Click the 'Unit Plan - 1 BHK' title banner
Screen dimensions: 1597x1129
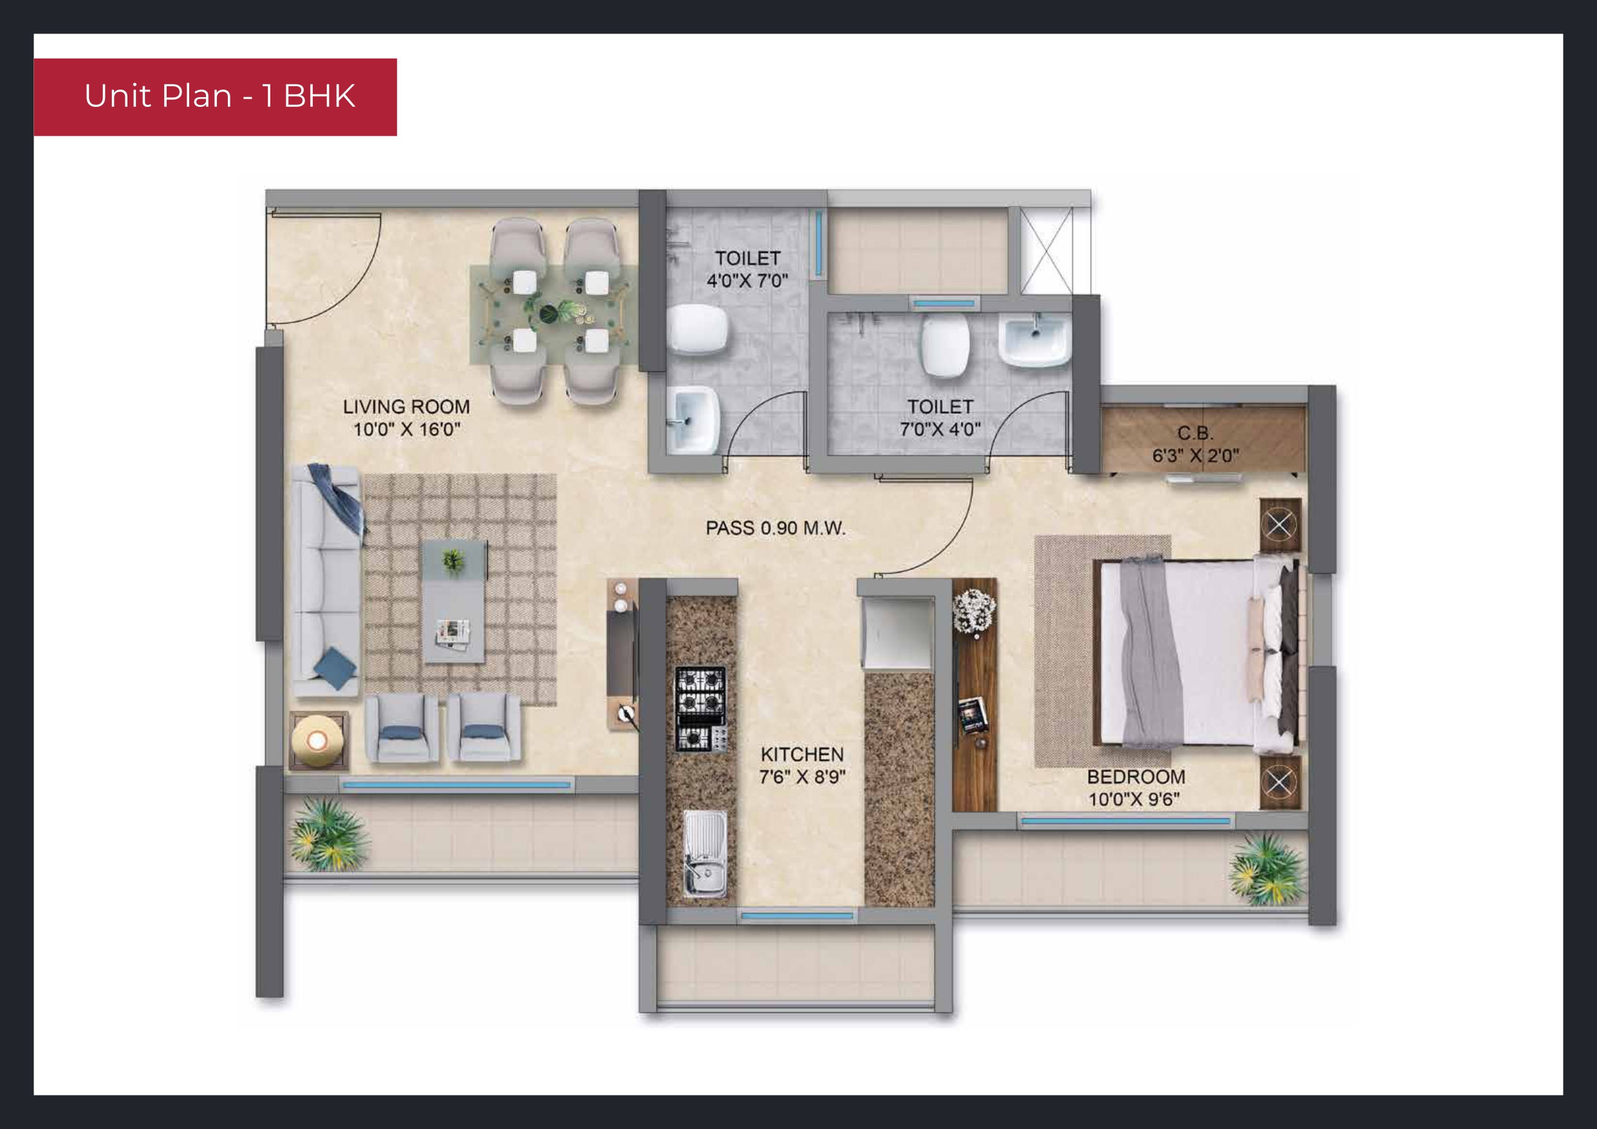click(215, 97)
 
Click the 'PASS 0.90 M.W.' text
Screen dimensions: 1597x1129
click(776, 528)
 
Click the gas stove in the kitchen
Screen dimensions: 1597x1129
click(701, 709)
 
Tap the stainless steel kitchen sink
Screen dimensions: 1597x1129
click(705, 854)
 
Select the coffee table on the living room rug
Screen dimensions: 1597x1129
click(454, 601)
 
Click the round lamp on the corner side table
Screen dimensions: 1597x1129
click(317, 741)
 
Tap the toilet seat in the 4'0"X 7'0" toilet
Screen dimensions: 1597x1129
click(698, 330)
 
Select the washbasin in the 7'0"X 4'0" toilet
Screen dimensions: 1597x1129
click(1034, 339)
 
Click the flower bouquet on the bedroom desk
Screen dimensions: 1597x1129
click(973, 610)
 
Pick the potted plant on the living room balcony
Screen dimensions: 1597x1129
click(328, 834)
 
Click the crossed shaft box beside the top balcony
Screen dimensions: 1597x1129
click(1046, 250)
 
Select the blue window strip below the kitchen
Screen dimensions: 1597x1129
click(797, 916)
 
